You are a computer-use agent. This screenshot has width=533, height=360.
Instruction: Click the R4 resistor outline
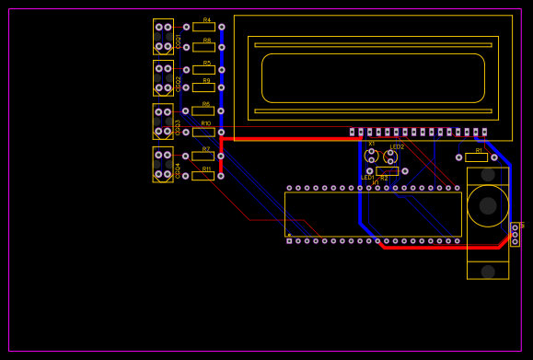(x=203, y=28)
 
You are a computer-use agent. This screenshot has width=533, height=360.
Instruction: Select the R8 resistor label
(x=206, y=41)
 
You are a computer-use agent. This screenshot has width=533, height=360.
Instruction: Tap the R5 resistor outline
(x=203, y=70)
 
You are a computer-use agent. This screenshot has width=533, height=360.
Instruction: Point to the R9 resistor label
(x=206, y=81)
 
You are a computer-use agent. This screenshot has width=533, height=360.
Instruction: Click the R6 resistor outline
(x=203, y=111)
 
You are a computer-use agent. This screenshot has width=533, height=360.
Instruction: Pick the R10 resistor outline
(x=203, y=132)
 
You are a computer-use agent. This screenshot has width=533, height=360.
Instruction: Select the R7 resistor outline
(x=203, y=156)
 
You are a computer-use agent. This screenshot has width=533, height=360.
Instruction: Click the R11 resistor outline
(x=203, y=176)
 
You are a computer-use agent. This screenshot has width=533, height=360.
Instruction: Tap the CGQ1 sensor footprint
(x=163, y=37)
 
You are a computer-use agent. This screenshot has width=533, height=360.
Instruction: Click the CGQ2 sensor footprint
(x=163, y=78)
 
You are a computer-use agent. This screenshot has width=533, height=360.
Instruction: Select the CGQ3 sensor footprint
(x=163, y=122)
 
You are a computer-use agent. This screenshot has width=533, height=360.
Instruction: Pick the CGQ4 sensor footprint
(x=163, y=165)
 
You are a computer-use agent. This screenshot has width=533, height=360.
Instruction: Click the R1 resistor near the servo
(x=476, y=157)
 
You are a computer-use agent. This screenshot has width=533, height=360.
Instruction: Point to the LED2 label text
(x=397, y=146)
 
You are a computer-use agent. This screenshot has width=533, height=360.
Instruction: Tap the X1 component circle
(x=372, y=156)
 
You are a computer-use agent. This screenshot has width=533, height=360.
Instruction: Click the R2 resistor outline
(x=387, y=171)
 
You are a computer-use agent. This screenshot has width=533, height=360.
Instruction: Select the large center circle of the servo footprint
(x=488, y=205)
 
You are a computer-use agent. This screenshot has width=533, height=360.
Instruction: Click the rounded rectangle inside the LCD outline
(x=373, y=78)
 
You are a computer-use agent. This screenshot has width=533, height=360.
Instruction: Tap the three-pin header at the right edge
(x=515, y=234)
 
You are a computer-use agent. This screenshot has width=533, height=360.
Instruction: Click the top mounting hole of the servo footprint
(x=488, y=175)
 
